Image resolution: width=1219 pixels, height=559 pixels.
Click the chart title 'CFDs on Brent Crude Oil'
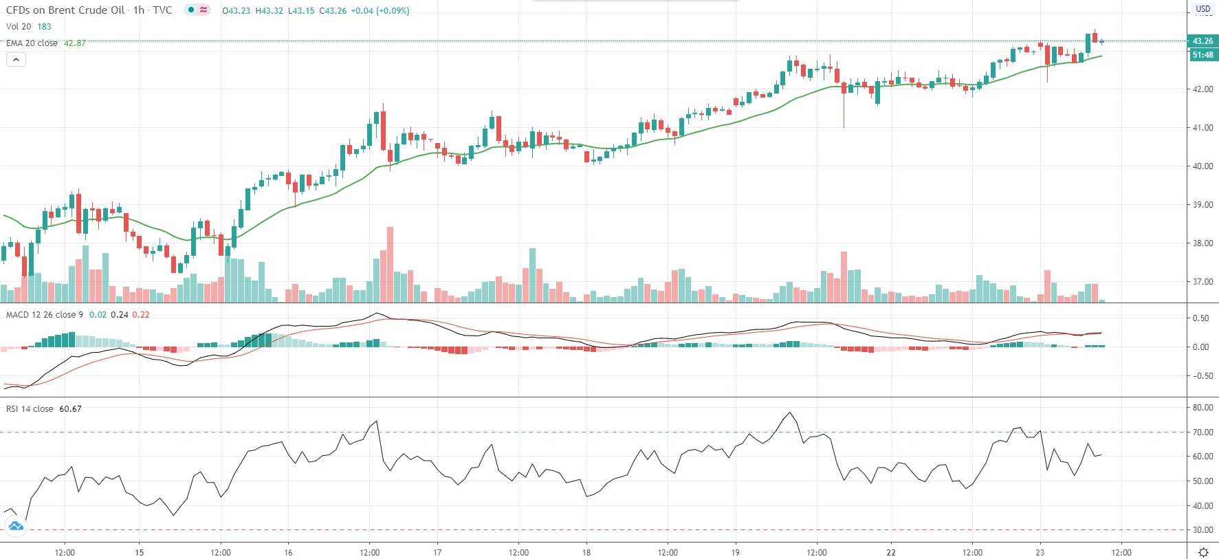65,10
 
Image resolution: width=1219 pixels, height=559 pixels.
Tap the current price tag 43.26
1202,41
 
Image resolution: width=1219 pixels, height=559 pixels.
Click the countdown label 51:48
1202,55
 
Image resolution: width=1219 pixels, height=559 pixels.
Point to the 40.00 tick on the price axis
1202,166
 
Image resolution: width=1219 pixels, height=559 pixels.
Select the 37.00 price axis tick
1202,282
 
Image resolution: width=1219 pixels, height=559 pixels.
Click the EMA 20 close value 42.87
75,43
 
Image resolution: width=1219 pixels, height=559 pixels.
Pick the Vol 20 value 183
44,27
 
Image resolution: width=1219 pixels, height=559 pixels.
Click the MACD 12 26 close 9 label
45,315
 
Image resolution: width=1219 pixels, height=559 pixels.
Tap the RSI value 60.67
70,409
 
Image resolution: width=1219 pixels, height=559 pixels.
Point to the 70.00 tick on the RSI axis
1202,432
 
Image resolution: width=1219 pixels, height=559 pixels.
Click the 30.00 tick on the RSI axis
1202,530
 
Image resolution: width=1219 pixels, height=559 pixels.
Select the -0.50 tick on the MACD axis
1201,376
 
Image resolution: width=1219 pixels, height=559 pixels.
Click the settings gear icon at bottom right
1203,552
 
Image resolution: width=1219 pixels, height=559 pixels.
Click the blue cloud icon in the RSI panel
15,527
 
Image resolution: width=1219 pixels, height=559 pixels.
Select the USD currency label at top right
1202,9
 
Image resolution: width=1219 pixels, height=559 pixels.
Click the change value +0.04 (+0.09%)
380,11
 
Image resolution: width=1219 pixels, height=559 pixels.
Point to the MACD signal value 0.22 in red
141,315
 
